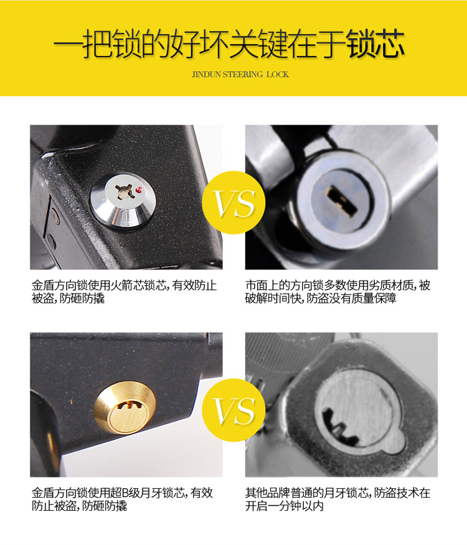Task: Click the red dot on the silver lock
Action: (139, 190)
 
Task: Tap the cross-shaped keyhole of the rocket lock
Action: (125, 192)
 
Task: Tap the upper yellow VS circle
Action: (233, 202)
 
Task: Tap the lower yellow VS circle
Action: (233, 410)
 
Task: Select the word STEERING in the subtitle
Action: (243, 74)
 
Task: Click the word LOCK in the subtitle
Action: (278, 74)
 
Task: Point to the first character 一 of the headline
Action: (68, 44)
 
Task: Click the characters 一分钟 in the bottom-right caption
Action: (285, 506)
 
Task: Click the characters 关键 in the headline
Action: (258, 44)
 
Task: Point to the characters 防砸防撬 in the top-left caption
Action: (82, 298)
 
